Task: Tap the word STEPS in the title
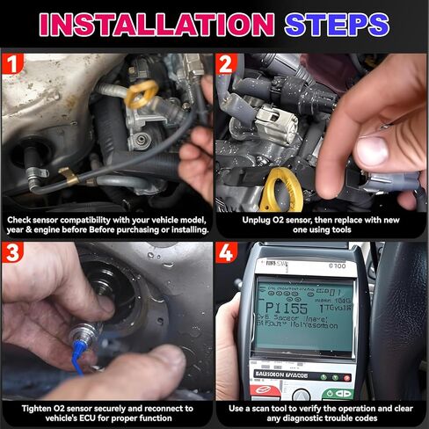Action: [x=337, y=23]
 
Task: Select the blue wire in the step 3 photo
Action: [x=78, y=360]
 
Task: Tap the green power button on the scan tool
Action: [x=337, y=394]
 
